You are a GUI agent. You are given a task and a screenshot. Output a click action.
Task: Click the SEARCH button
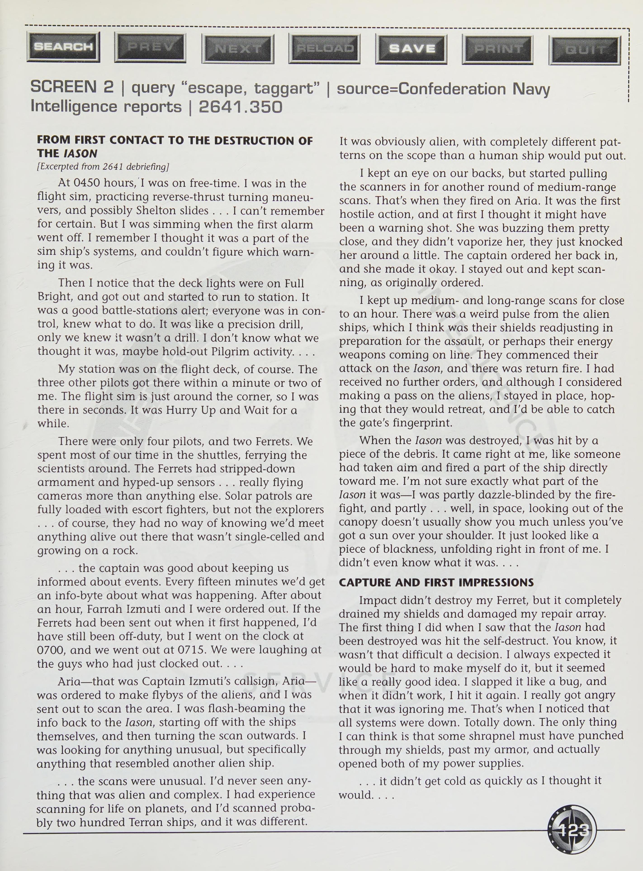point(64,47)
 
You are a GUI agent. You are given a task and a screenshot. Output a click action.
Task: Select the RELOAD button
point(325,49)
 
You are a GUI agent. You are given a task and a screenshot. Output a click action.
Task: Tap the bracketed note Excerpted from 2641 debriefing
point(103,167)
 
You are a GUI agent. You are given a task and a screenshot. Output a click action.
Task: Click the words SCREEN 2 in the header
point(72,87)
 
